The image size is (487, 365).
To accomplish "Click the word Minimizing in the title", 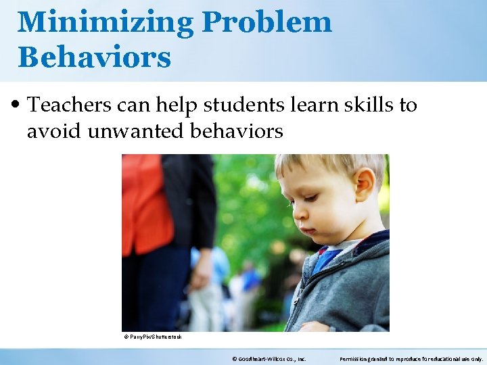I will coord(104,22).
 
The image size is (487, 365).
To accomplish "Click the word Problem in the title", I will coord(266,22).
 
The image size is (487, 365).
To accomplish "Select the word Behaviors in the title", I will coord(94,57).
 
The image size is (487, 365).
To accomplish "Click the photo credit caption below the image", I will coord(153,337).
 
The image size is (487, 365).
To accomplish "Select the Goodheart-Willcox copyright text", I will coord(269,359).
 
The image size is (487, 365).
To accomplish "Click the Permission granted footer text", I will coord(411,359).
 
